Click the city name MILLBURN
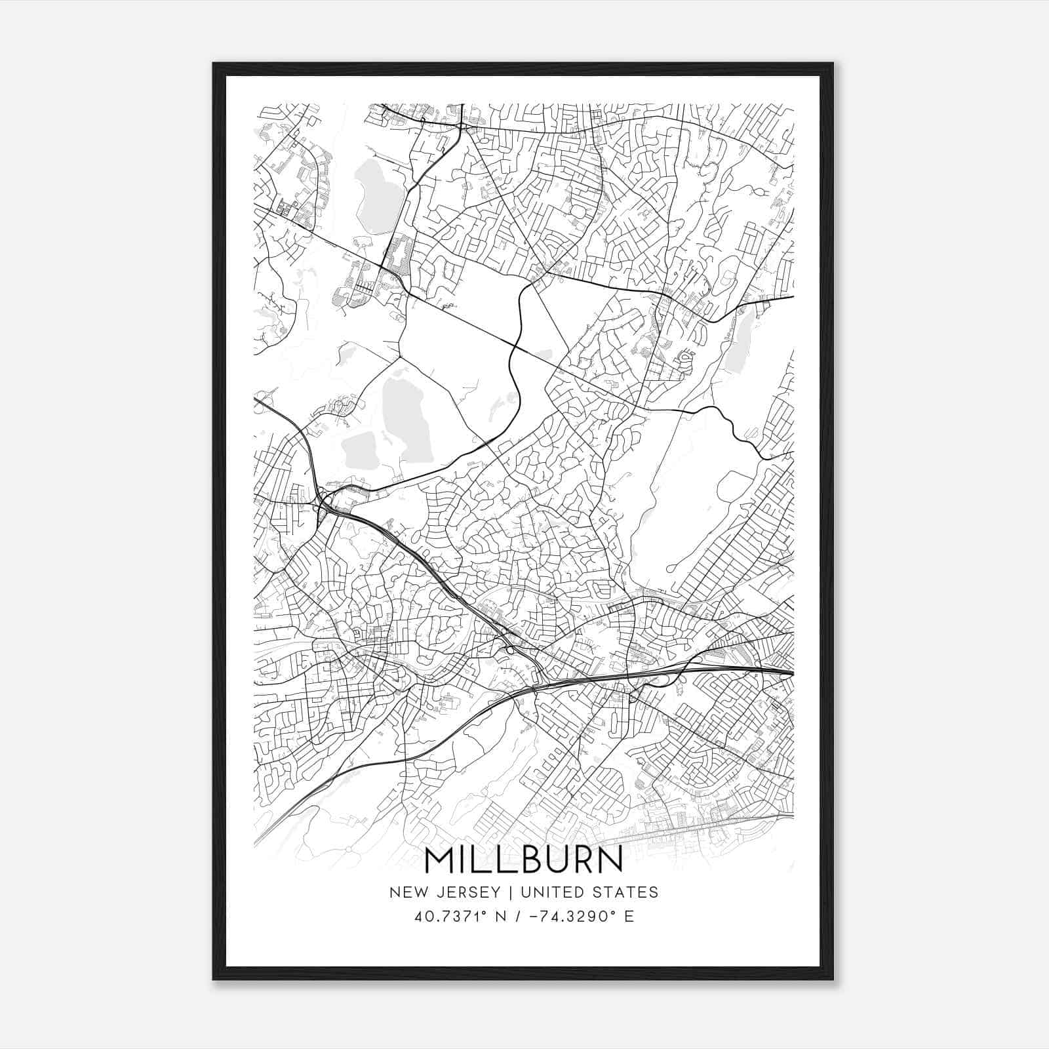click(524, 860)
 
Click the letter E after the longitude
click(629, 916)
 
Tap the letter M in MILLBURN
click(439, 860)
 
